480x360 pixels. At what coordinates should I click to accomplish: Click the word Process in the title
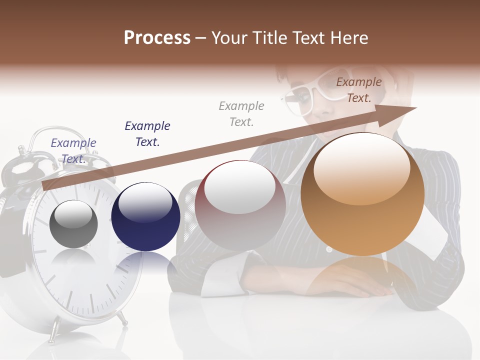coord(157,38)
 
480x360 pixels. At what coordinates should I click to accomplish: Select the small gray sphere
coord(74,224)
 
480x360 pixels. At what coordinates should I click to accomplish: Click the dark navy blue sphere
coord(145,217)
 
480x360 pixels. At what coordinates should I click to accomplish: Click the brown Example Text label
coord(359,90)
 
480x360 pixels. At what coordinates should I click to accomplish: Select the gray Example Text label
coord(241,113)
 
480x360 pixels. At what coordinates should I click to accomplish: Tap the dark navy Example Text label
coord(147,133)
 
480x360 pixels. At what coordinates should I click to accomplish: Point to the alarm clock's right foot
coord(121,317)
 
